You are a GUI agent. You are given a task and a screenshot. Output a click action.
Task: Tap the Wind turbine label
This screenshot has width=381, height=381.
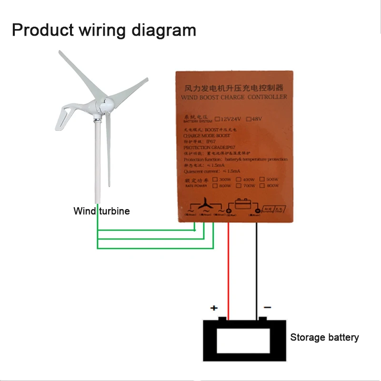101,211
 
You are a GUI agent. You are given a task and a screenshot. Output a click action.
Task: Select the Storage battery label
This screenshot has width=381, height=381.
324,338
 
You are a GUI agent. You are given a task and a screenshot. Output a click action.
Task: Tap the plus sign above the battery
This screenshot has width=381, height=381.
214,308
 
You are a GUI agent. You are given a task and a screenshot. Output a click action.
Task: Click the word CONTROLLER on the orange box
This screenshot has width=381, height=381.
268,97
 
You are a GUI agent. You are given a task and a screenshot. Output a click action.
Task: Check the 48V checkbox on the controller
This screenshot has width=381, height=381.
255,119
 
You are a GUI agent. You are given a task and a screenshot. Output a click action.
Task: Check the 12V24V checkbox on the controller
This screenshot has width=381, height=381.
218,119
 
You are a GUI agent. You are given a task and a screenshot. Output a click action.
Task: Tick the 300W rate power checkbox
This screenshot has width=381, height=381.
216,179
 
